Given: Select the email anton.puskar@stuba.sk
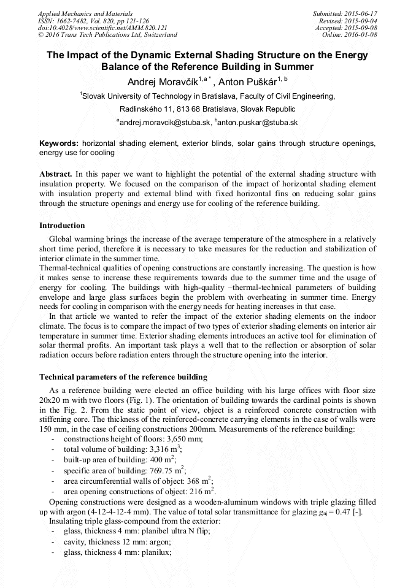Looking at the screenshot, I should click(258, 123).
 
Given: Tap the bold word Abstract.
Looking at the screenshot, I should click(56, 174).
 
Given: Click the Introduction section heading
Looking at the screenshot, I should click(62, 226).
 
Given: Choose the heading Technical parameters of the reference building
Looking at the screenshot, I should click(123, 376).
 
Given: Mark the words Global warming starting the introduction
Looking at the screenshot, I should click(75, 238).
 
